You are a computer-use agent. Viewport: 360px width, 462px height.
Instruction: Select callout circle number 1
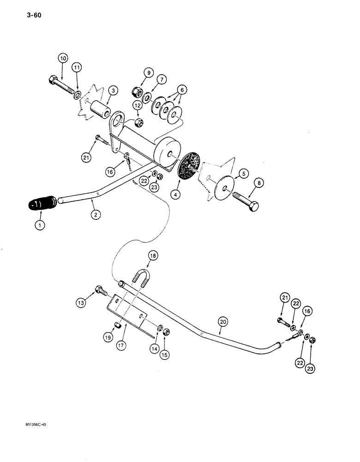(39, 226)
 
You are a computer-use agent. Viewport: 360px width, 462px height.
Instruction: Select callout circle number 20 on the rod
(223, 319)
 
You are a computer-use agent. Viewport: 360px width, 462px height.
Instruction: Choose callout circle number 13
(81, 303)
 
